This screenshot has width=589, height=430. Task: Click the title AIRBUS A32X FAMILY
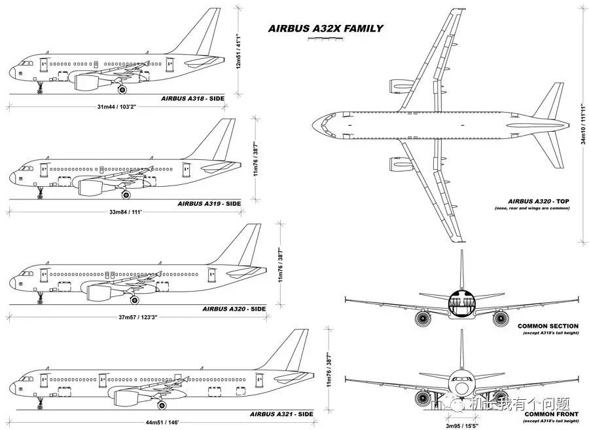[325, 29]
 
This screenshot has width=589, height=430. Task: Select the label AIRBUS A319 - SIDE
[209, 204]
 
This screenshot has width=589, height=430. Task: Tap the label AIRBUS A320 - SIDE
[234, 309]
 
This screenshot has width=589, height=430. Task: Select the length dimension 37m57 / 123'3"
[137, 317]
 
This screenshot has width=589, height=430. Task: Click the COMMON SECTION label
[548, 326]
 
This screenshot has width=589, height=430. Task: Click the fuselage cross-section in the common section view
[461, 305]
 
